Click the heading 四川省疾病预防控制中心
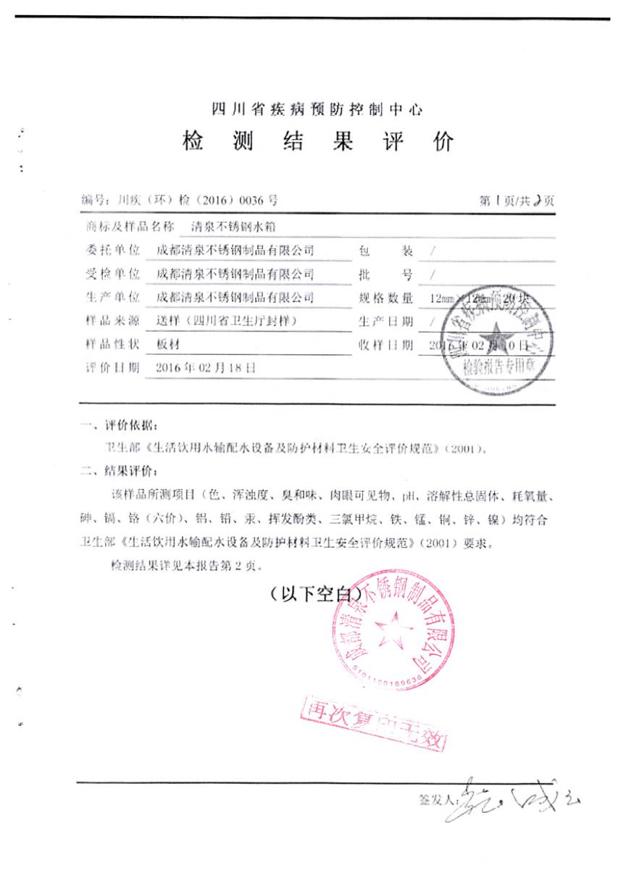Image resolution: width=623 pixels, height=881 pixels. pos(316,110)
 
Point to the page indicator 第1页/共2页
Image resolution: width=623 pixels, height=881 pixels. pos(517,201)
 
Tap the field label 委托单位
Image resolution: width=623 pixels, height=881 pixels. pos(112,251)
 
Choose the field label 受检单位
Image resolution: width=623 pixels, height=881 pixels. pos(112,274)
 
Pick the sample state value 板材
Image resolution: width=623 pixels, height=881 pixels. pos(167,344)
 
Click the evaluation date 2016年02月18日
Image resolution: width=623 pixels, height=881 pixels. pos(206,367)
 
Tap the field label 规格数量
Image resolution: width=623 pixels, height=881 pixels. pos(385,298)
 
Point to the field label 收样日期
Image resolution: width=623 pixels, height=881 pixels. pos(385,344)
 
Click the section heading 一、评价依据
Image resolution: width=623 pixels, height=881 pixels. pos(117,424)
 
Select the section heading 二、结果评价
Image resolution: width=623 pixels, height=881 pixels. pos(117,472)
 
